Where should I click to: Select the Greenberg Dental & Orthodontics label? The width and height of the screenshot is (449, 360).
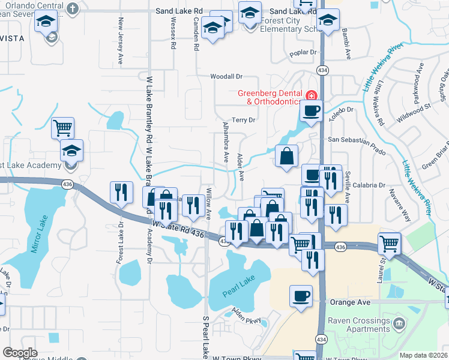pos(270,97)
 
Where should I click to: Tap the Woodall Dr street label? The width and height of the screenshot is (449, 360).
pos(226,76)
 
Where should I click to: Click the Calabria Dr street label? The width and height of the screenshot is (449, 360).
pos(366,185)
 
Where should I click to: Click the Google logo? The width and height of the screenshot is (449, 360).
pos(20,353)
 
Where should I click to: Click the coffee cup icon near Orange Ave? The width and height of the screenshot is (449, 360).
pos(301,296)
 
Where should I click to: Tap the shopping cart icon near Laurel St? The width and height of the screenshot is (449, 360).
pos(390,244)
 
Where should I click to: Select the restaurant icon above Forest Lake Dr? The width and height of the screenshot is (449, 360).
pos(122,192)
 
